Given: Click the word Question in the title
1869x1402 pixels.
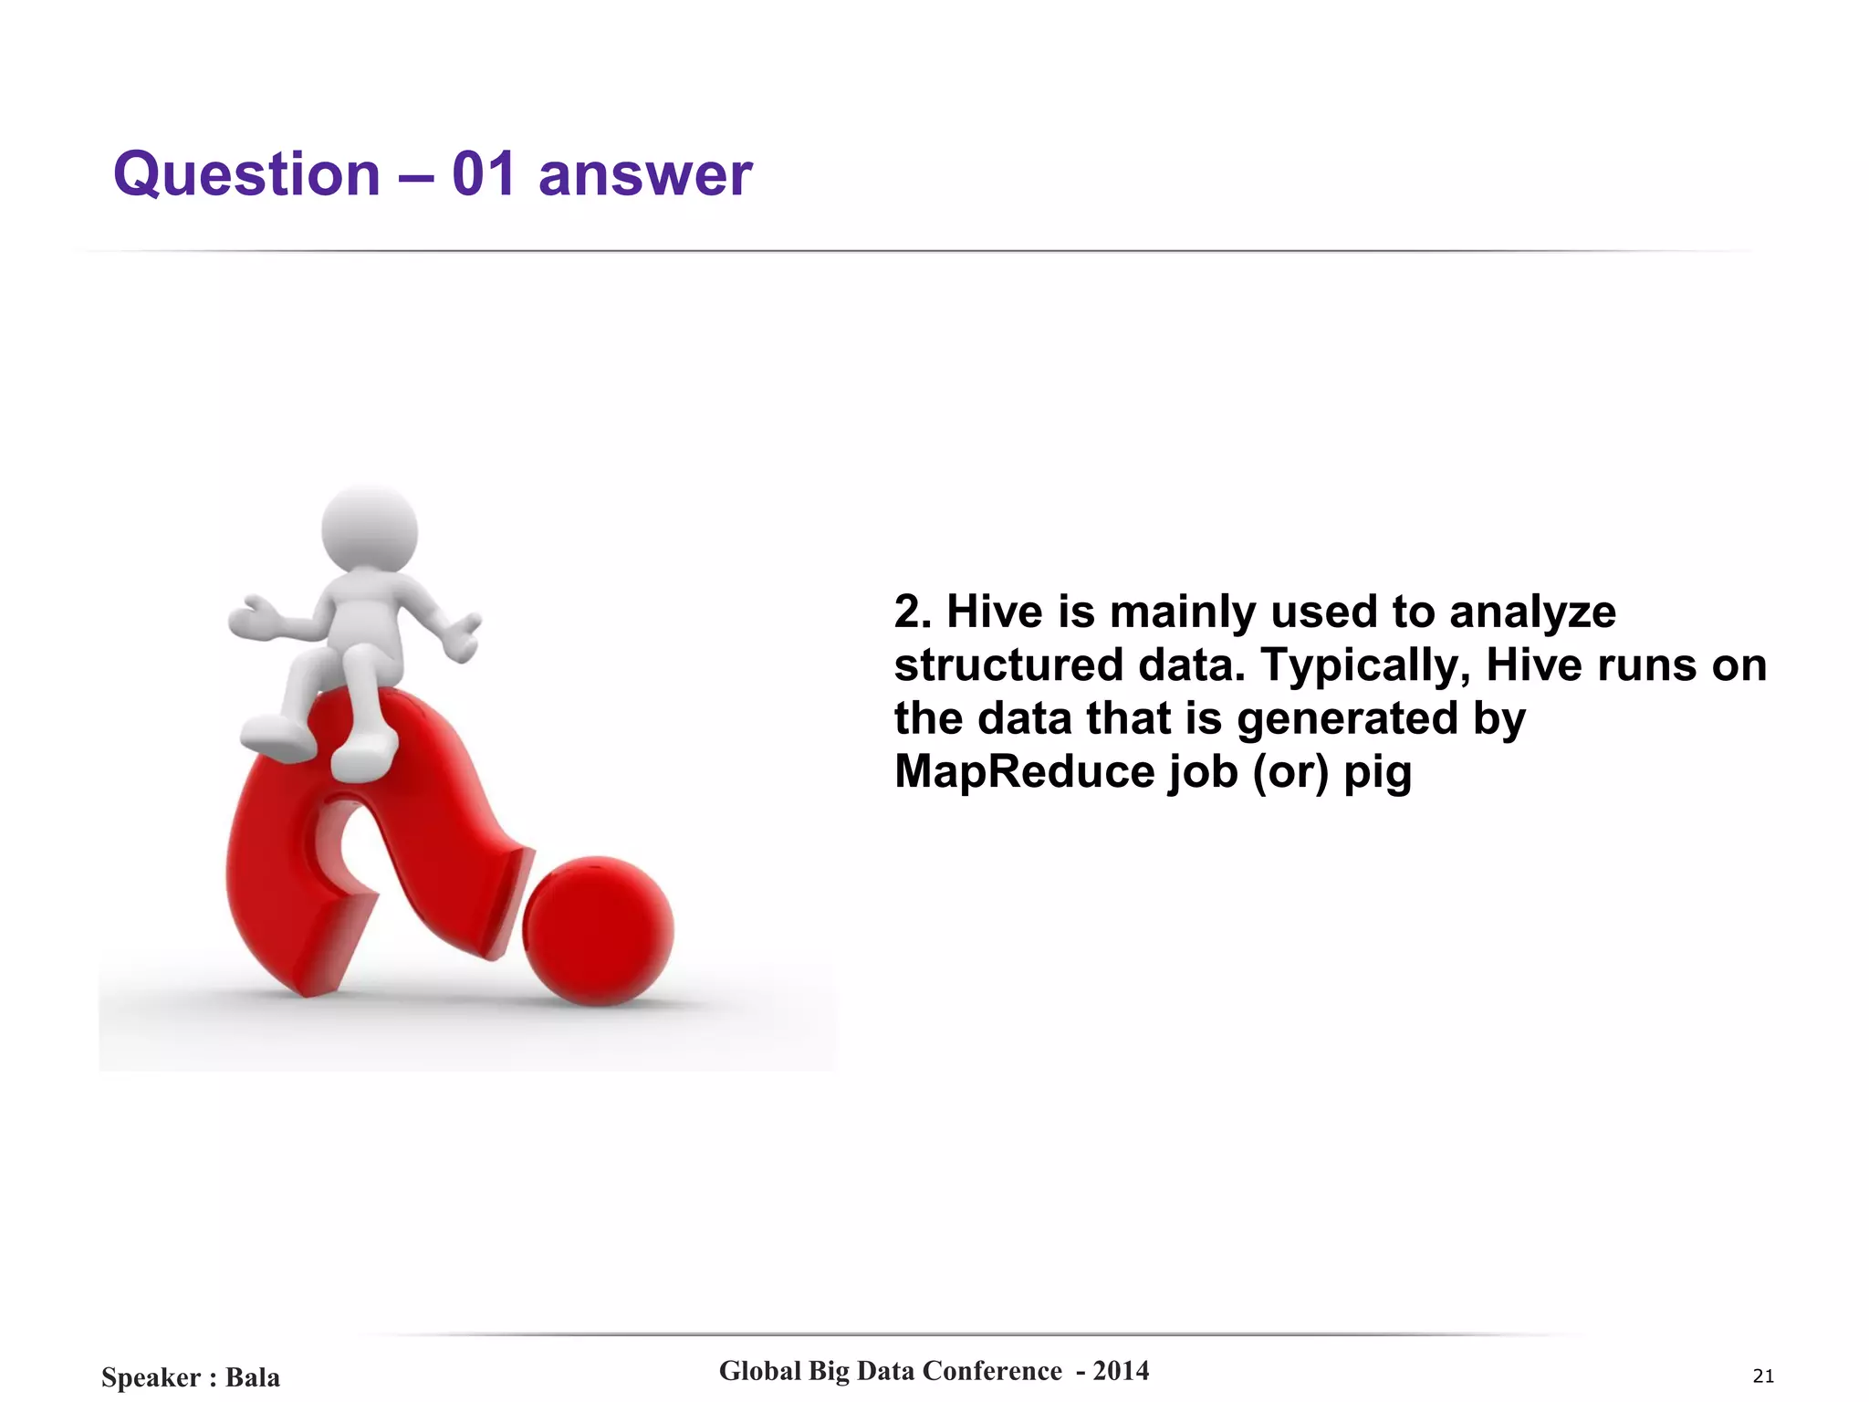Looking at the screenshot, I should click(246, 174).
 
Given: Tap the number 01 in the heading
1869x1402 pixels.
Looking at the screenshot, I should click(484, 174).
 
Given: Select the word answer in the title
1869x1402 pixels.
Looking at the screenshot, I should click(645, 174).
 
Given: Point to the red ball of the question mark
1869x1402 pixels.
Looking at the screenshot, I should click(598, 931).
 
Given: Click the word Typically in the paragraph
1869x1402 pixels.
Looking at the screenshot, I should click(1365, 666).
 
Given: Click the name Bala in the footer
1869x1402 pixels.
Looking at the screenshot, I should click(253, 1377).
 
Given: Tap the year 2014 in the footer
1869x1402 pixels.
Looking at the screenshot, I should click(1121, 1371).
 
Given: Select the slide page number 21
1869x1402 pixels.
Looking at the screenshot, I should click(1763, 1376).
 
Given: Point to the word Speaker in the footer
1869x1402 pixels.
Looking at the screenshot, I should click(151, 1377).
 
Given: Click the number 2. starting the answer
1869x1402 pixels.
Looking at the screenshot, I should click(913, 612).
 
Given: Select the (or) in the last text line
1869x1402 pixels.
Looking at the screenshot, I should click(1290, 772).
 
